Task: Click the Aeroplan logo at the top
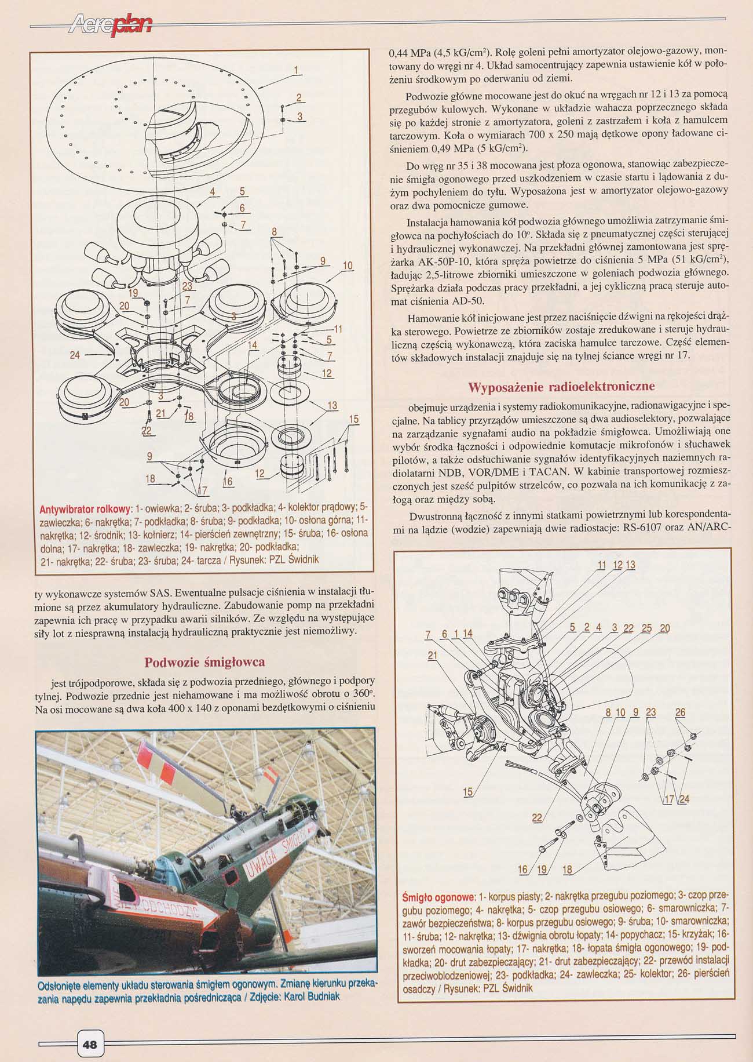point(110,24)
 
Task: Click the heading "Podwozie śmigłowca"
point(205,662)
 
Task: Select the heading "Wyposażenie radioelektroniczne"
point(561,387)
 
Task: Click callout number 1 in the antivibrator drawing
point(295,71)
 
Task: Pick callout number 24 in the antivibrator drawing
point(75,355)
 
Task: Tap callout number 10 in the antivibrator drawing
point(348,266)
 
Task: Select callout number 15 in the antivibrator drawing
point(354,420)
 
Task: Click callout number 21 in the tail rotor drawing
point(432,656)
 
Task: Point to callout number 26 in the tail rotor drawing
point(680,712)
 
